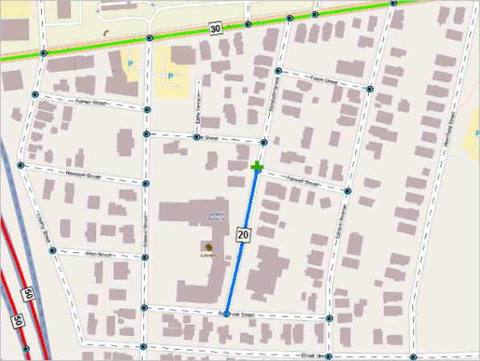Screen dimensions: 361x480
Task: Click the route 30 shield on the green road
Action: click(214, 29)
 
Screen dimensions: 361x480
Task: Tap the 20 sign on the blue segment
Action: click(242, 234)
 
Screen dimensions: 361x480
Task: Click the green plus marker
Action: click(257, 168)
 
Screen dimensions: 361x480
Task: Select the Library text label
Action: click(209, 255)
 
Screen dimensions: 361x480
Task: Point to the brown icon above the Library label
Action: click(209, 246)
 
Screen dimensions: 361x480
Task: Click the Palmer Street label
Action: click(90, 102)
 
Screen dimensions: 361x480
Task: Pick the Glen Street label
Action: click(97, 253)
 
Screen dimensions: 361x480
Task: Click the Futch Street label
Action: click(327, 79)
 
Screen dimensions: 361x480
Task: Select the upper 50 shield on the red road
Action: click(28, 293)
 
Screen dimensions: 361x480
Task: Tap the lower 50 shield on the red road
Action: click(16, 322)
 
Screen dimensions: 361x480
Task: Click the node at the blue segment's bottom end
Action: click(226, 314)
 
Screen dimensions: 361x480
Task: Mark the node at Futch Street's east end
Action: click(370, 89)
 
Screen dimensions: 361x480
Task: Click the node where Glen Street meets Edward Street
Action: click(144, 258)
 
